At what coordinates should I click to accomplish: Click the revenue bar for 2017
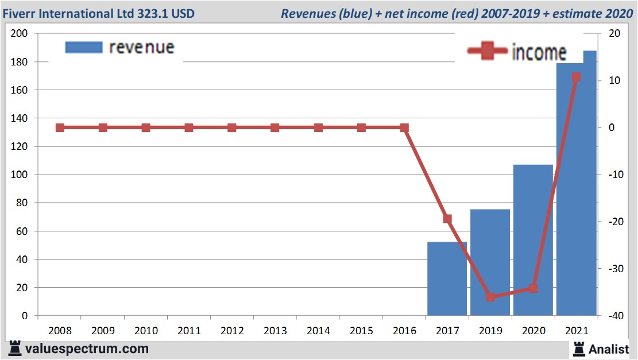click(x=447, y=278)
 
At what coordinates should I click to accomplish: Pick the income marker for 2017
click(x=447, y=219)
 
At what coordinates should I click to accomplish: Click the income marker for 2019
click(x=490, y=297)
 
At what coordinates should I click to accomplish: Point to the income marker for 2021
click(x=577, y=77)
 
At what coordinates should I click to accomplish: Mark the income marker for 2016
click(x=404, y=127)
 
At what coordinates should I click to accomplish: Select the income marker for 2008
click(x=60, y=127)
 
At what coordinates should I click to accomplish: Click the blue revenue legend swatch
click(x=84, y=47)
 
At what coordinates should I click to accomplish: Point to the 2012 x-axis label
click(x=232, y=331)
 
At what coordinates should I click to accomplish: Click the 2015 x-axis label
click(x=361, y=331)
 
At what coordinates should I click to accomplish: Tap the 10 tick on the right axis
click(x=612, y=80)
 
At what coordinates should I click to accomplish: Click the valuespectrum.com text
click(x=87, y=349)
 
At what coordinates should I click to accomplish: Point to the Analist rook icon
click(x=578, y=349)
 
